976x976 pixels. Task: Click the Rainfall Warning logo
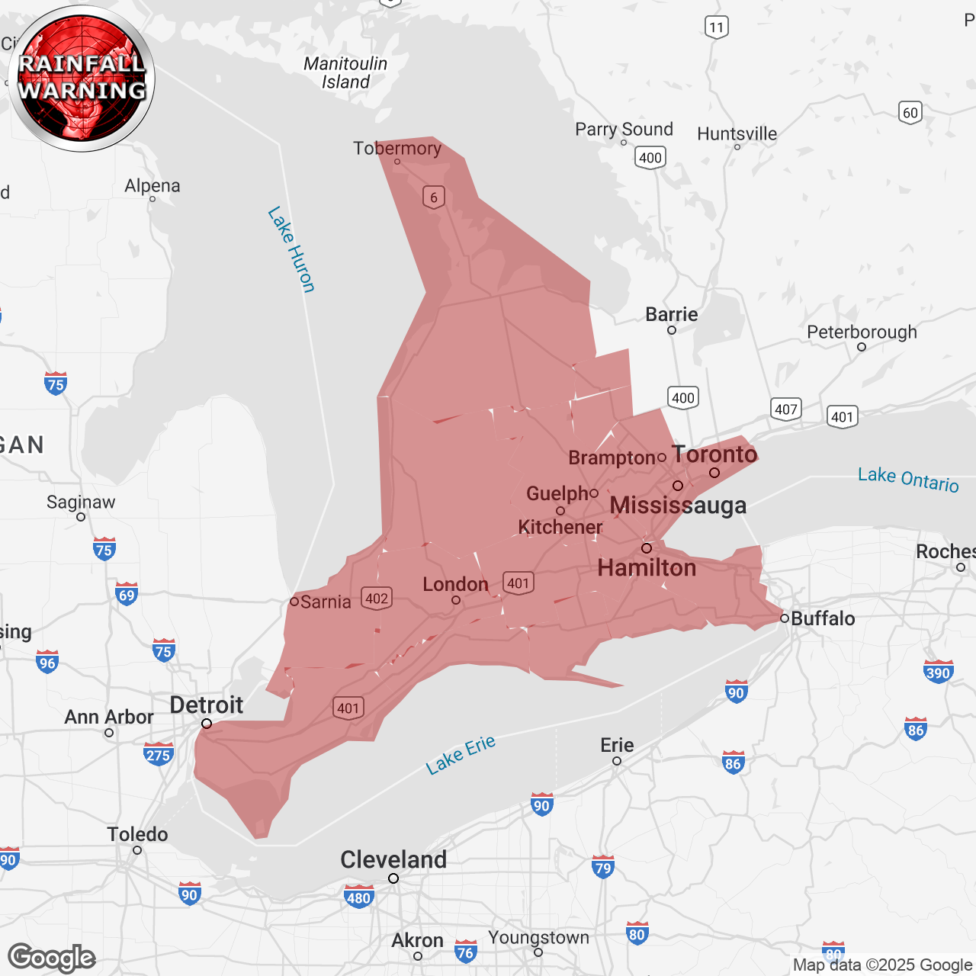pos(82,79)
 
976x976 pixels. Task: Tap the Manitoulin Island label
pos(345,73)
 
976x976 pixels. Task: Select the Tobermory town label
pos(397,148)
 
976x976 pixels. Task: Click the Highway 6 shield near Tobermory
pos(434,197)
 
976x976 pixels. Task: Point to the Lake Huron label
pos(291,249)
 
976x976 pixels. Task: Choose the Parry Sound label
pos(624,130)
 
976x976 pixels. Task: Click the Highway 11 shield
pos(716,27)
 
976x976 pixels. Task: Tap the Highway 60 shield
pos(910,113)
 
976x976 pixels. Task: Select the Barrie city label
pos(671,315)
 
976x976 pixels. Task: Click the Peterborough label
pos(862,332)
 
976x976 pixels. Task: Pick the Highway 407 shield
pos(786,409)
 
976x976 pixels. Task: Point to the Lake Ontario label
pos(908,480)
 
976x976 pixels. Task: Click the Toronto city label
pos(714,454)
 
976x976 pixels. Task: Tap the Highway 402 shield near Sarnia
pos(377,598)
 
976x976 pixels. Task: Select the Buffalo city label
pos(823,618)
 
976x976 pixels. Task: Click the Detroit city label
pos(206,705)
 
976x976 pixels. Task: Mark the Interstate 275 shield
pos(158,755)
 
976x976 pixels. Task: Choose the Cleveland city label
pos(393,860)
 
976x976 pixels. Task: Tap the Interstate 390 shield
pos(938,673)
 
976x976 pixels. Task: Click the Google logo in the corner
pos(52,958)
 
